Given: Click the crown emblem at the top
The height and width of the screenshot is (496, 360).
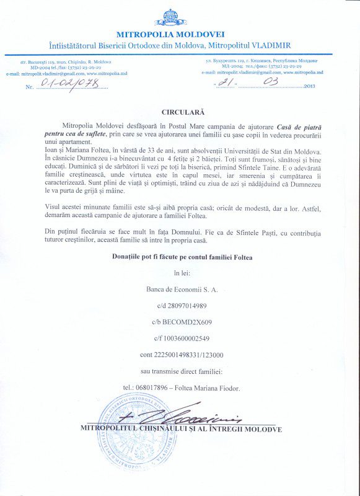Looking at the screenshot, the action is coord(170,17).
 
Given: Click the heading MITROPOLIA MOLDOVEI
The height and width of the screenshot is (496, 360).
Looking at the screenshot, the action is coord(170,33).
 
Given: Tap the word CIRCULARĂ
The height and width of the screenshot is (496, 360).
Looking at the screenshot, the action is coord(183,112).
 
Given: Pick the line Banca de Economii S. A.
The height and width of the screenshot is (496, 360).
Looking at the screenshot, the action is coord(180,289).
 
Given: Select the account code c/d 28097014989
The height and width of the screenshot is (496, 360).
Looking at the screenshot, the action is coord(180,306).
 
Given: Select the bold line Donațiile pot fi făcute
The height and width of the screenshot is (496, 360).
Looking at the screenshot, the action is coord(180,256).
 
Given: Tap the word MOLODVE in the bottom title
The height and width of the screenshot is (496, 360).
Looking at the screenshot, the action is coord(261,428).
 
